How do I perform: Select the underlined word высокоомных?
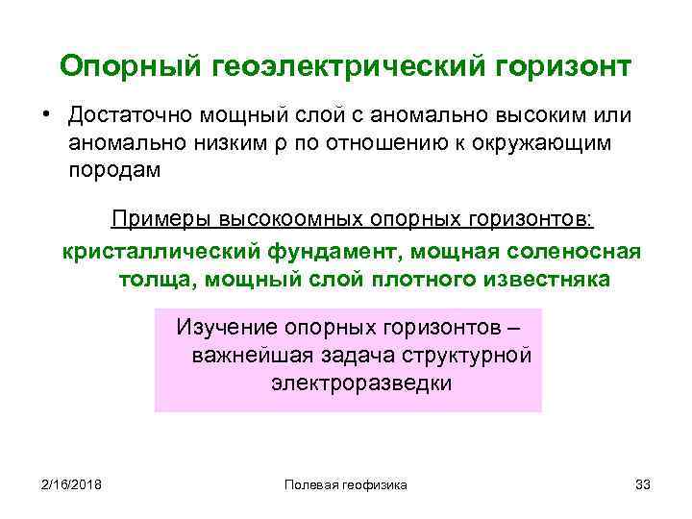[284, 220]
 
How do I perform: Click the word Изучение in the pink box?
[223, 329]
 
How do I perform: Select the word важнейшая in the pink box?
[246, 356]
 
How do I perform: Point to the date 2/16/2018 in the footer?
[71, 484]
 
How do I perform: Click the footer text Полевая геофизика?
[346, 484]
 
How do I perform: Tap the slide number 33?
[643, 484]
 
